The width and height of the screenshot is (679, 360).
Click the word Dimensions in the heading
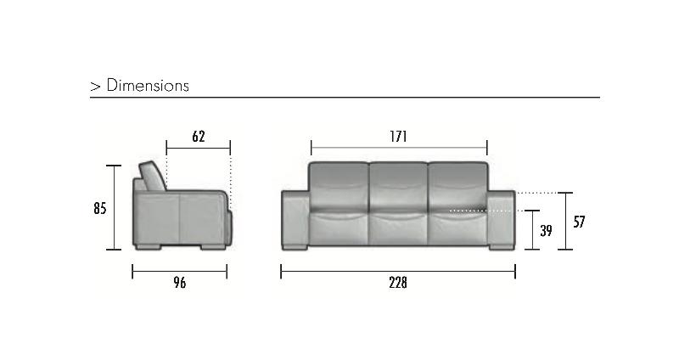point(148,86)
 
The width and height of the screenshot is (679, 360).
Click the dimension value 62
point(198,136)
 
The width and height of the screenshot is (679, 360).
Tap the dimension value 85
point(98,207)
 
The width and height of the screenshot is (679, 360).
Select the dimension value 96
point(178,283)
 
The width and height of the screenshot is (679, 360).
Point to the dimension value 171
point(399,136)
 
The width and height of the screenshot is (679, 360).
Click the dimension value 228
point(397,283)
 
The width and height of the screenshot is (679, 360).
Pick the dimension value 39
point(546,230)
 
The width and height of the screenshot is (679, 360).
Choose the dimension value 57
point(580,222)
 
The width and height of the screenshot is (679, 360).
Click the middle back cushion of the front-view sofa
point(398,185)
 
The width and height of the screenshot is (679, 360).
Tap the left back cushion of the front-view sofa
point(339,185)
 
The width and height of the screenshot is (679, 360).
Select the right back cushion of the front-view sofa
point(457,185)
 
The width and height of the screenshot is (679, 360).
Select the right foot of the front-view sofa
point(499,248)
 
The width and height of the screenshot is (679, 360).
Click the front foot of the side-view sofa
point(212,248)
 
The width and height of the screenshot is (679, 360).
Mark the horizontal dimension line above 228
point(397,272)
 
